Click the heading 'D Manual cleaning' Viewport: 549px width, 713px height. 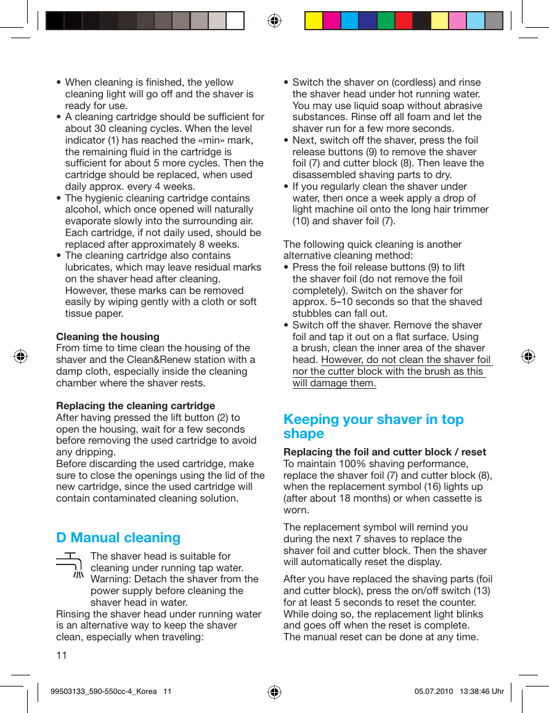pyautogui.click(x=118, y=537)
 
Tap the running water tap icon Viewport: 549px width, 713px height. pyautogui.click(x=70, y=565)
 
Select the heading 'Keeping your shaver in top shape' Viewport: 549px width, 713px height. pyautogui.click(x=373, y=426)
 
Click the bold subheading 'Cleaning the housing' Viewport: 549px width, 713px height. pyautogui.click(x=107, y=336)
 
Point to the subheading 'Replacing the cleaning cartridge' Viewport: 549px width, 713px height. pyautogui.click(x=136, y=405)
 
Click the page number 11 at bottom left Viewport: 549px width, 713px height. pyautogui.click(x=62, y=654)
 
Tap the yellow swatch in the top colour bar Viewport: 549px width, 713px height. pyautogui.click(x=314, y=21)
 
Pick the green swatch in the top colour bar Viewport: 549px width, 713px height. pyautogui.click(x=386, y=21)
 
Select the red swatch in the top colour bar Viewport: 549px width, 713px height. pyautogui.click(x=404, y=21)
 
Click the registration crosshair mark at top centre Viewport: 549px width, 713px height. pyautogui.click(x=274, y=21)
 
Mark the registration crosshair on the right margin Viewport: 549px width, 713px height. pyautogui.click(x=527, y=356)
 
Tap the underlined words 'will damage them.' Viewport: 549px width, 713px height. pyautogui.click(x=334, y=383)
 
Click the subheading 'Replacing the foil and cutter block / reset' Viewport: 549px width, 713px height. pyautogui.click(x=384, y=452)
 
